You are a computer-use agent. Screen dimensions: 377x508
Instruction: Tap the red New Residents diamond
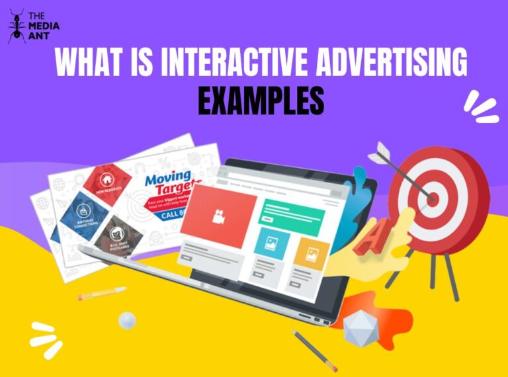coord(106,180)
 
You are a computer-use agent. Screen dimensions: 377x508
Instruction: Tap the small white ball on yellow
coord(127,320)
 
